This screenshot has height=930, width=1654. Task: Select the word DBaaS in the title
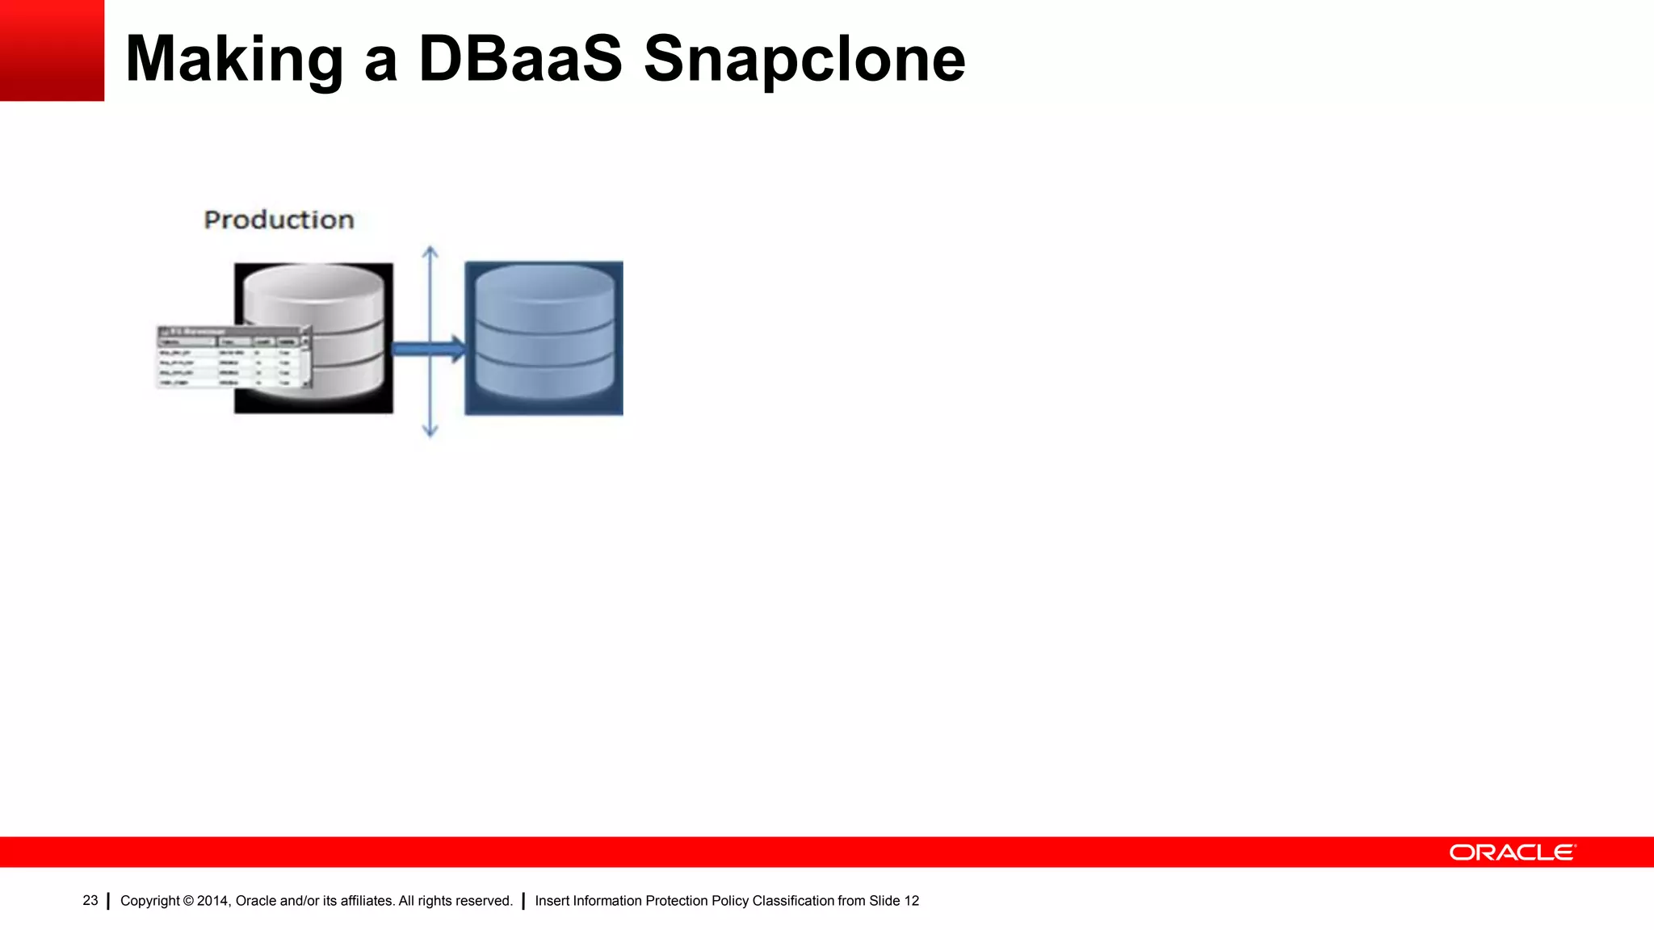520,59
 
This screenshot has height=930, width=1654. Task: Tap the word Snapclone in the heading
804,61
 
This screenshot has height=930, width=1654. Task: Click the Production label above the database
279,220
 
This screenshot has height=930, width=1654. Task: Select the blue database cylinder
544,333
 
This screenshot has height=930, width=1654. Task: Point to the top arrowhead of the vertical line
430,252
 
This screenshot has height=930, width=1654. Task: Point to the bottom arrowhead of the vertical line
430,431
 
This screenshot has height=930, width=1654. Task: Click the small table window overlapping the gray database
233,357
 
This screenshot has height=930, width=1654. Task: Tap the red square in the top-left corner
52,50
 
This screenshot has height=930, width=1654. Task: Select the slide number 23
90,900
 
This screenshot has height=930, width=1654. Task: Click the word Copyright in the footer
149,901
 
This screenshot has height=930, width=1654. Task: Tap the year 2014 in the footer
212,901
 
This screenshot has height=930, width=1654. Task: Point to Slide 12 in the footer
894,901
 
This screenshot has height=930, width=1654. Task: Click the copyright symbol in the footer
188,901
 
